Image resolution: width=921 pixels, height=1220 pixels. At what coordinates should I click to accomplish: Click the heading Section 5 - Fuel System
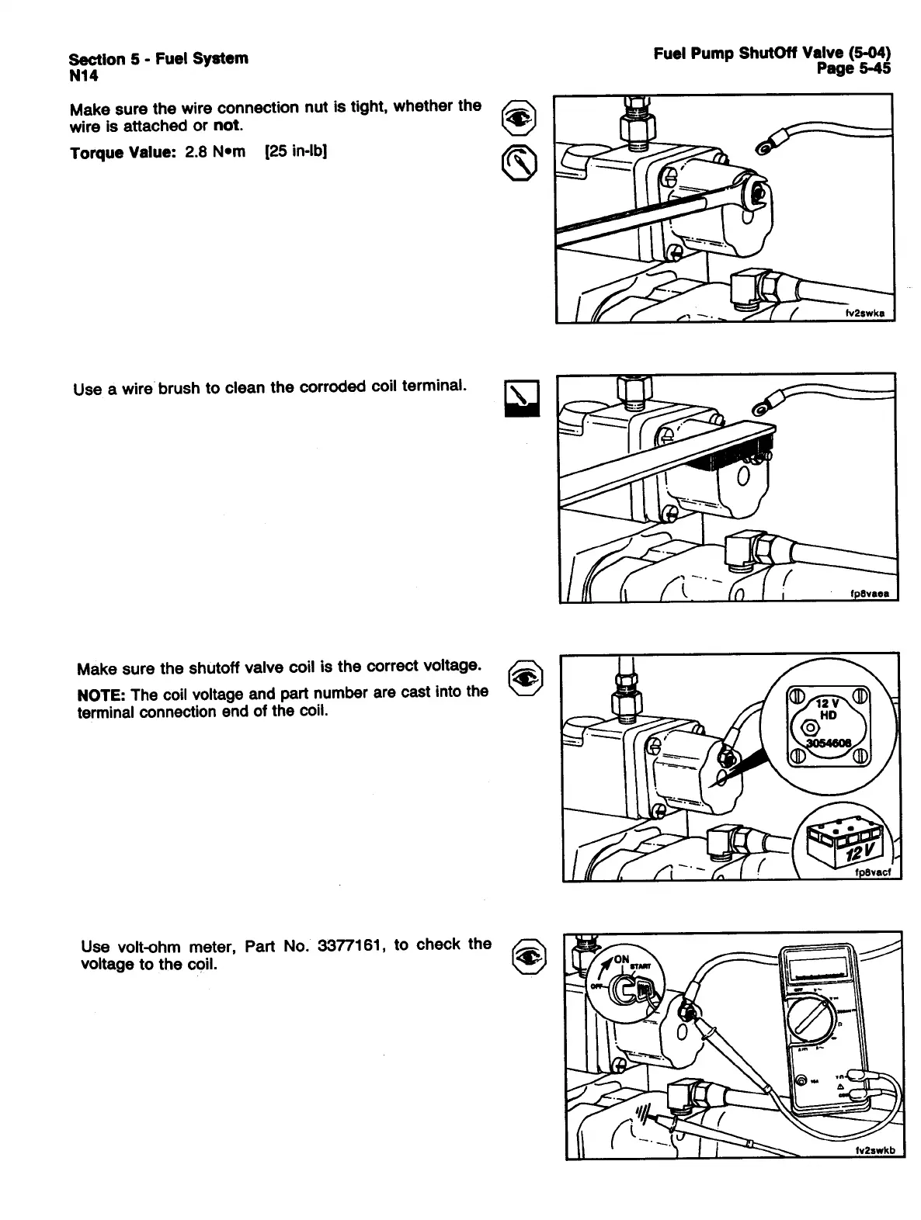click(158, 58)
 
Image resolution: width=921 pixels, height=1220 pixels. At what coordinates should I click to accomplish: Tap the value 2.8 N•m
click(214, 151)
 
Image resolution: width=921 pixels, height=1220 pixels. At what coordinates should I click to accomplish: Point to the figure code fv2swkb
click(874, 1152)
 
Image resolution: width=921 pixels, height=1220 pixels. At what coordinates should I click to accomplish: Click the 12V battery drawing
click(846, 844)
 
